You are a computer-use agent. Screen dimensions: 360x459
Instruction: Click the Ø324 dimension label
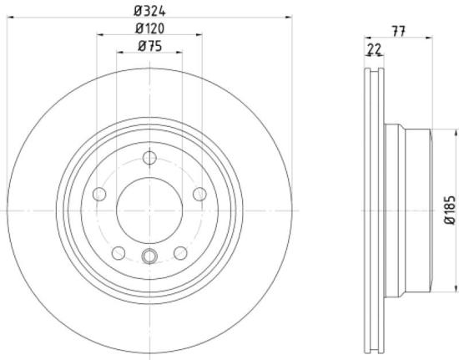coord(149,9)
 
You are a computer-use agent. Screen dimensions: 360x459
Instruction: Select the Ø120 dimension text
coord(149,28)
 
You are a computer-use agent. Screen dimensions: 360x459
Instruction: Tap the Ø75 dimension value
coord(149,46)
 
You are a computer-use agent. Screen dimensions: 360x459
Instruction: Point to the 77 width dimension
coord(398,30)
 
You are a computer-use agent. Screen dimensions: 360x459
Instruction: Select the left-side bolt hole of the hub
coord(100,194)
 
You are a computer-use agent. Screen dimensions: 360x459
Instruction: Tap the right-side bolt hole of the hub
coord(199,194)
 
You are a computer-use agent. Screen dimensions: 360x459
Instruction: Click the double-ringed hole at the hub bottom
coord(149,256)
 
